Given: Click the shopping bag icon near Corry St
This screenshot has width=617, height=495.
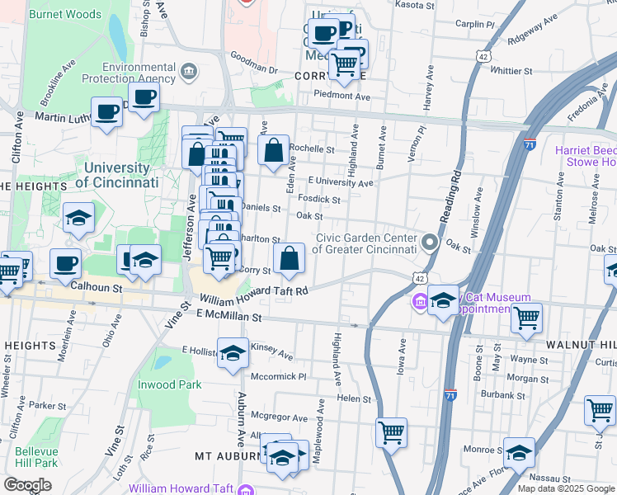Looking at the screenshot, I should click(290, 259).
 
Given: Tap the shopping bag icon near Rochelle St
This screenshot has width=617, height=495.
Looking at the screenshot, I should click(273, 151).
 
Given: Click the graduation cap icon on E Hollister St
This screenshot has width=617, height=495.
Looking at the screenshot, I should click(233, 352).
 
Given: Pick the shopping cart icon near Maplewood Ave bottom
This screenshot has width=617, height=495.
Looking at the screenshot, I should click(391, 431).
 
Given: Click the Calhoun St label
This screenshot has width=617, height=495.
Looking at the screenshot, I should click(96, 288).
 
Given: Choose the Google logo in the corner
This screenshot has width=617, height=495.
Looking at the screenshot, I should click(27, 484).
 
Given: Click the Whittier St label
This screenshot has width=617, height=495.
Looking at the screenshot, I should click(511, 71).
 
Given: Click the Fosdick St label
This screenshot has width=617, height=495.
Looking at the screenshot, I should click(319, 200).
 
